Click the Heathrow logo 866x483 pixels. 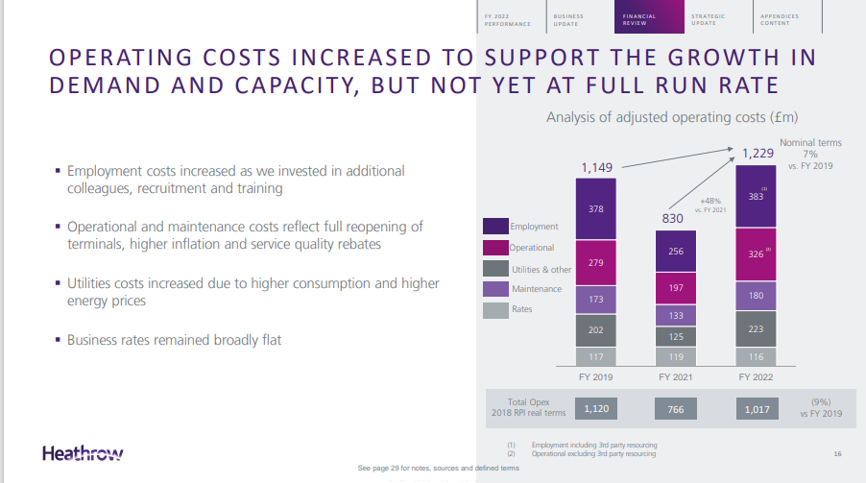pyautogui.click(x=83, y=452)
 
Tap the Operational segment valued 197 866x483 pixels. pyautogui.click(x=676, y=287)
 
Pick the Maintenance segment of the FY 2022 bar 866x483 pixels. pyautogui.click(x=756, y=295)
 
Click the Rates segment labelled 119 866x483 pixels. pyautogui.click(x=676, y=356)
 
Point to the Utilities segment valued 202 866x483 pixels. pyautogui.click(x=595, y=329)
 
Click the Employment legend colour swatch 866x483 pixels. pyautogui.click(x=494, y=227)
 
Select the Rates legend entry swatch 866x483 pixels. pyautogui.click(x=494, y=309)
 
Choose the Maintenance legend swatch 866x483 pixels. pyautogui.click(x=494, y=288)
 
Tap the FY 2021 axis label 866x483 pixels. pyautogui.click(x=676, y=377)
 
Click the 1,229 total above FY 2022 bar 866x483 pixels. pyautogui.click(x=757, y=152)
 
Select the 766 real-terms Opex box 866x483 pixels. pyautogui.click(x=676, y=409)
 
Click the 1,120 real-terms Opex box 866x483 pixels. pyautogui.click(x=595, y=409)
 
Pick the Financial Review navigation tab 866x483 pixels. pyautogui.click(x=639, y=19)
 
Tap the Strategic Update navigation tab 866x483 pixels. pyautogui.click(x=710, y=19)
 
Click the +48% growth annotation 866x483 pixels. pyautogui.click(x=710, y=201)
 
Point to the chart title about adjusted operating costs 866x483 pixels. pyautogui.click(x=672, y=118)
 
